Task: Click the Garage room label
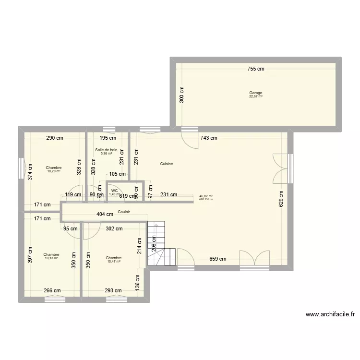tap(255, 93)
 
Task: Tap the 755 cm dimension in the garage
tap(255, 69)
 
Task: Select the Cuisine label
tap(167, 164)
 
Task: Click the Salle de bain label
tap(106, 150)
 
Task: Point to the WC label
tap(114, 191)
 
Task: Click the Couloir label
tap(124, 212)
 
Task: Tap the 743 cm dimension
tap(208, 138)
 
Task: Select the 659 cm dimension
tap(217, 259)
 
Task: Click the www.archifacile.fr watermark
tap(330, 315)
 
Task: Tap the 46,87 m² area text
tap(206, 196)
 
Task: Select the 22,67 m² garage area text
tap(255, 96)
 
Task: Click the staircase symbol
tap(156, 244)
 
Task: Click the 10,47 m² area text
tap(114, 262)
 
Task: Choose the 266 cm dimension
tap(52, 290)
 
